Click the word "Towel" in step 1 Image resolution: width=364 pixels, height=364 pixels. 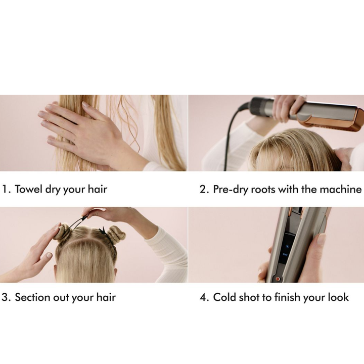coord(29,189)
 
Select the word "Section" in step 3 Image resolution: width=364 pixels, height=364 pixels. coord(32,297)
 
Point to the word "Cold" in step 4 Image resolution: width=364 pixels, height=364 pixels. coord(224,297)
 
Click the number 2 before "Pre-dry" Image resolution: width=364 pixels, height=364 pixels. coord(203,190)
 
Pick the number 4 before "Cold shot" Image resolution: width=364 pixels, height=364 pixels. coord(203,297)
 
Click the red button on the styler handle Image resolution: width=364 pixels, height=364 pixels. coord(277,279)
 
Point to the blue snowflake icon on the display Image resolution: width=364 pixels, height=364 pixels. coord(287,246)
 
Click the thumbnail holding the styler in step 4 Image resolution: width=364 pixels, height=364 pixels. coord(321,239)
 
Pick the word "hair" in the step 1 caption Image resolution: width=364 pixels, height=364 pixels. coord(97,189)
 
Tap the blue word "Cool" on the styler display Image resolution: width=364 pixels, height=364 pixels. coord(285,254)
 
